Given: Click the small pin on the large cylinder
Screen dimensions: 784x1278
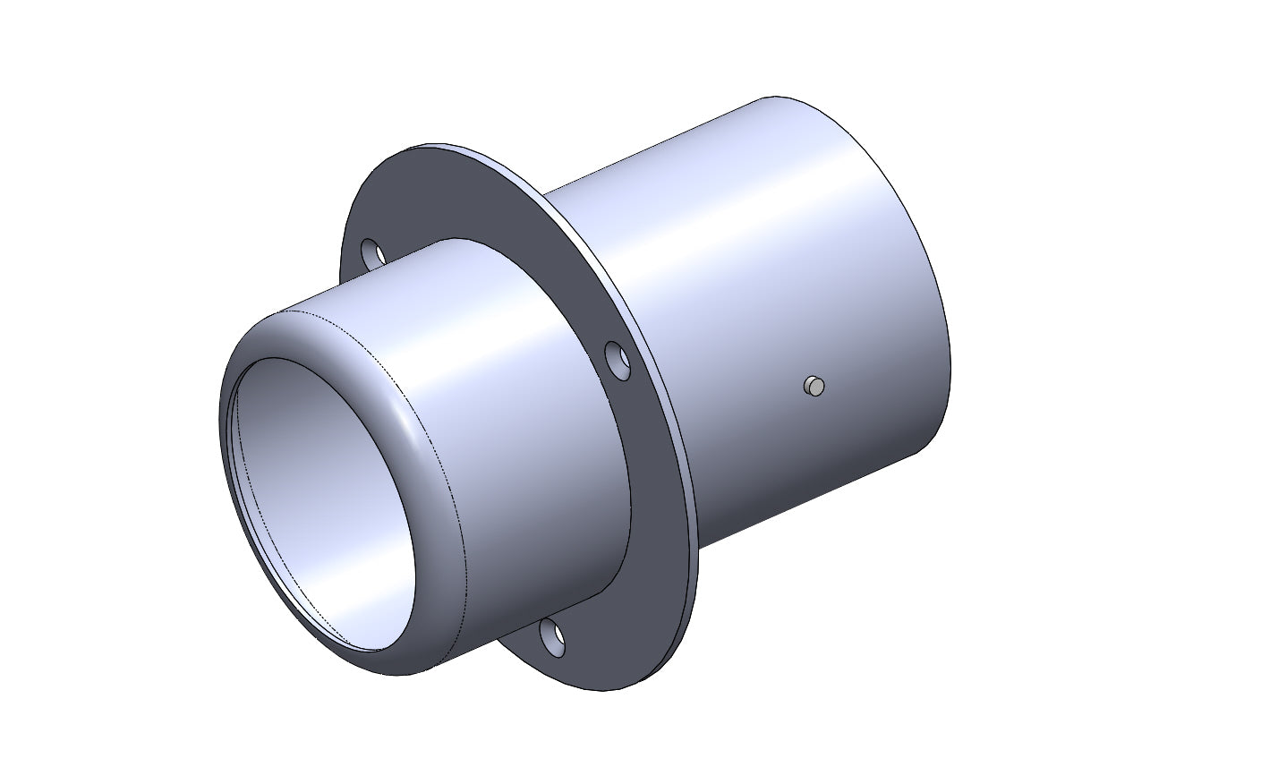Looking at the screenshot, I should [814, 386].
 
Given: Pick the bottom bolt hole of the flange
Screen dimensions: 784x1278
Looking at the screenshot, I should [554, 635].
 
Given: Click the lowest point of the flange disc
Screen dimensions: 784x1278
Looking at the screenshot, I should [609, 690].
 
